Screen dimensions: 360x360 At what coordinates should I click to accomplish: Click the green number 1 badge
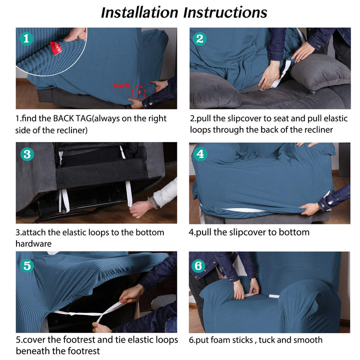pyautogui.click(x=26, y=38)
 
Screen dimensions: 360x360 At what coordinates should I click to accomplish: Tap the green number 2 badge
pyautogui.click(x=199, y=38)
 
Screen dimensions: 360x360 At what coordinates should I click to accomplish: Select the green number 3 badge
pyautogui.click(x=27, y=154)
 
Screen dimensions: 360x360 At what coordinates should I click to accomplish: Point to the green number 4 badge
pyautogui.click(x=200, y=153)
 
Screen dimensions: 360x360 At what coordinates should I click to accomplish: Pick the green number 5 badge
pyautogui.click(x=27, y=265)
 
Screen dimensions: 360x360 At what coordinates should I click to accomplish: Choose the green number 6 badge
pyautogui.click(x=198, y=265)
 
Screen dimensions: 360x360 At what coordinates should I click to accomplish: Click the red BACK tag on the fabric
pyautogui.click(x=56, y=48)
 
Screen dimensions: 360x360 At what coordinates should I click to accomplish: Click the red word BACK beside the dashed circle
pyautogui.click(x=121, y=86)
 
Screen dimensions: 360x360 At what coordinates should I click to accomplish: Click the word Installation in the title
pyautogui.click(x=139, y=12)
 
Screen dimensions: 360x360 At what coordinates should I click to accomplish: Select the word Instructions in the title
pyautogui.click(x=225, y=12)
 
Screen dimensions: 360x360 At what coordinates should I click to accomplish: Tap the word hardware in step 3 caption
pyautogui.click(x=33, y=243)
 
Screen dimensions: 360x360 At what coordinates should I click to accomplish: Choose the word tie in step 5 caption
pyautogui.click(x=119, y=339)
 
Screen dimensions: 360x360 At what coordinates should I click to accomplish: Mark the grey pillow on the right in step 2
pyautogui.click(x=320, y=73)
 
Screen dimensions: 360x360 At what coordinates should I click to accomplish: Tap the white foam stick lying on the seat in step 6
pyautogui.click(x=274, y=296)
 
